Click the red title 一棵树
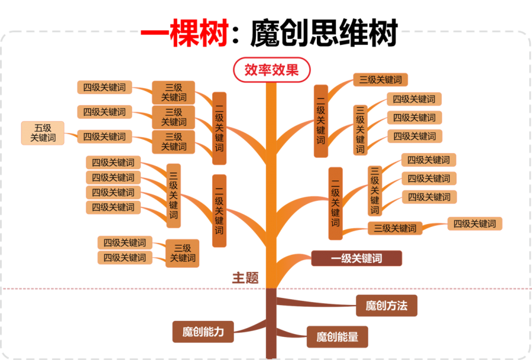[184, 33]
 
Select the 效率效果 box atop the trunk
[271, 70]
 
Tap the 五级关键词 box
[43, 132]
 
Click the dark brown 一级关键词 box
[356, 258]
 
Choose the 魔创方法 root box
[387, 306]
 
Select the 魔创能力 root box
[203, 332]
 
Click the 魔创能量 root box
[337, 337]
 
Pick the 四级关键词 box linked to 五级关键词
[104, 137]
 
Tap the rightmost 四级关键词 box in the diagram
[475, 223]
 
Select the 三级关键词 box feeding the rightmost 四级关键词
[395, 228]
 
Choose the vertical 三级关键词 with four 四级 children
[173, 195]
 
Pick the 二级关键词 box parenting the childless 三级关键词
[320, 121]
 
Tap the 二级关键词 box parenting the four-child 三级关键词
[219, 210]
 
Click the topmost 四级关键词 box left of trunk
[104, 87]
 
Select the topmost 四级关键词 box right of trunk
[414, 99]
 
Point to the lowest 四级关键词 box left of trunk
[125, 258]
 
